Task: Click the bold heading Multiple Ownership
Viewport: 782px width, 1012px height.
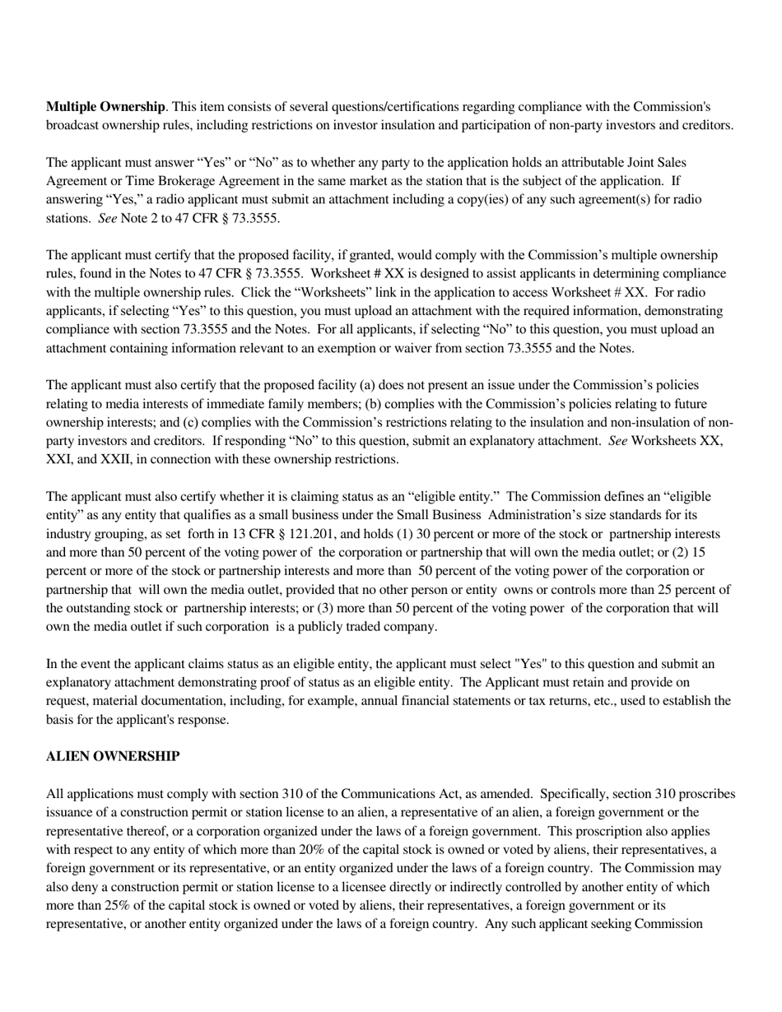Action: pyautogui.click(x=105, y=107)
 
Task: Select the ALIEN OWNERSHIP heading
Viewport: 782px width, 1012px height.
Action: pyautogui.click(x=113, y=756)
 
